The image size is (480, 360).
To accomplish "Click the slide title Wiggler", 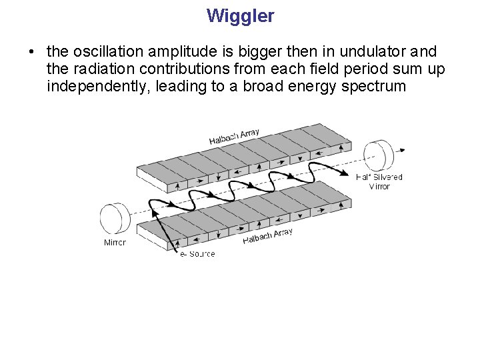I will click(240, 16).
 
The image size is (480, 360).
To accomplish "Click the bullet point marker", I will click(31, 52).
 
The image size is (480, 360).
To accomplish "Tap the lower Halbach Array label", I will click(267, 235).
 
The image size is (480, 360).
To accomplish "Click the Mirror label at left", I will click(115, 243).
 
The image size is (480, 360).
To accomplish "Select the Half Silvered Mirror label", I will click(379, 181).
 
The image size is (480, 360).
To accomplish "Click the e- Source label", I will click(197, 254).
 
